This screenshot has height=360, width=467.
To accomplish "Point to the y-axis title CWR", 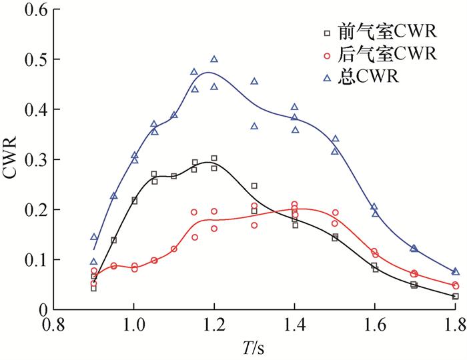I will [x=12, y=160].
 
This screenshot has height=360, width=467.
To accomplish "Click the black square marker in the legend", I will [x=327, y=33].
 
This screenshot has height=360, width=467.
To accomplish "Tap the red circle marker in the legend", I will [x=327, y=55].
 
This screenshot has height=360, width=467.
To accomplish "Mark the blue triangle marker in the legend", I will [x=327, y=77].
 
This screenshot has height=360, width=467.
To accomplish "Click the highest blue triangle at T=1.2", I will [x=214, y=59].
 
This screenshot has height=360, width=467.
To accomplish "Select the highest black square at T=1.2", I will [x=214, y=159].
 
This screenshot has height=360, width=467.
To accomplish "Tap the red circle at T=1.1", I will [x=174, y=249].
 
